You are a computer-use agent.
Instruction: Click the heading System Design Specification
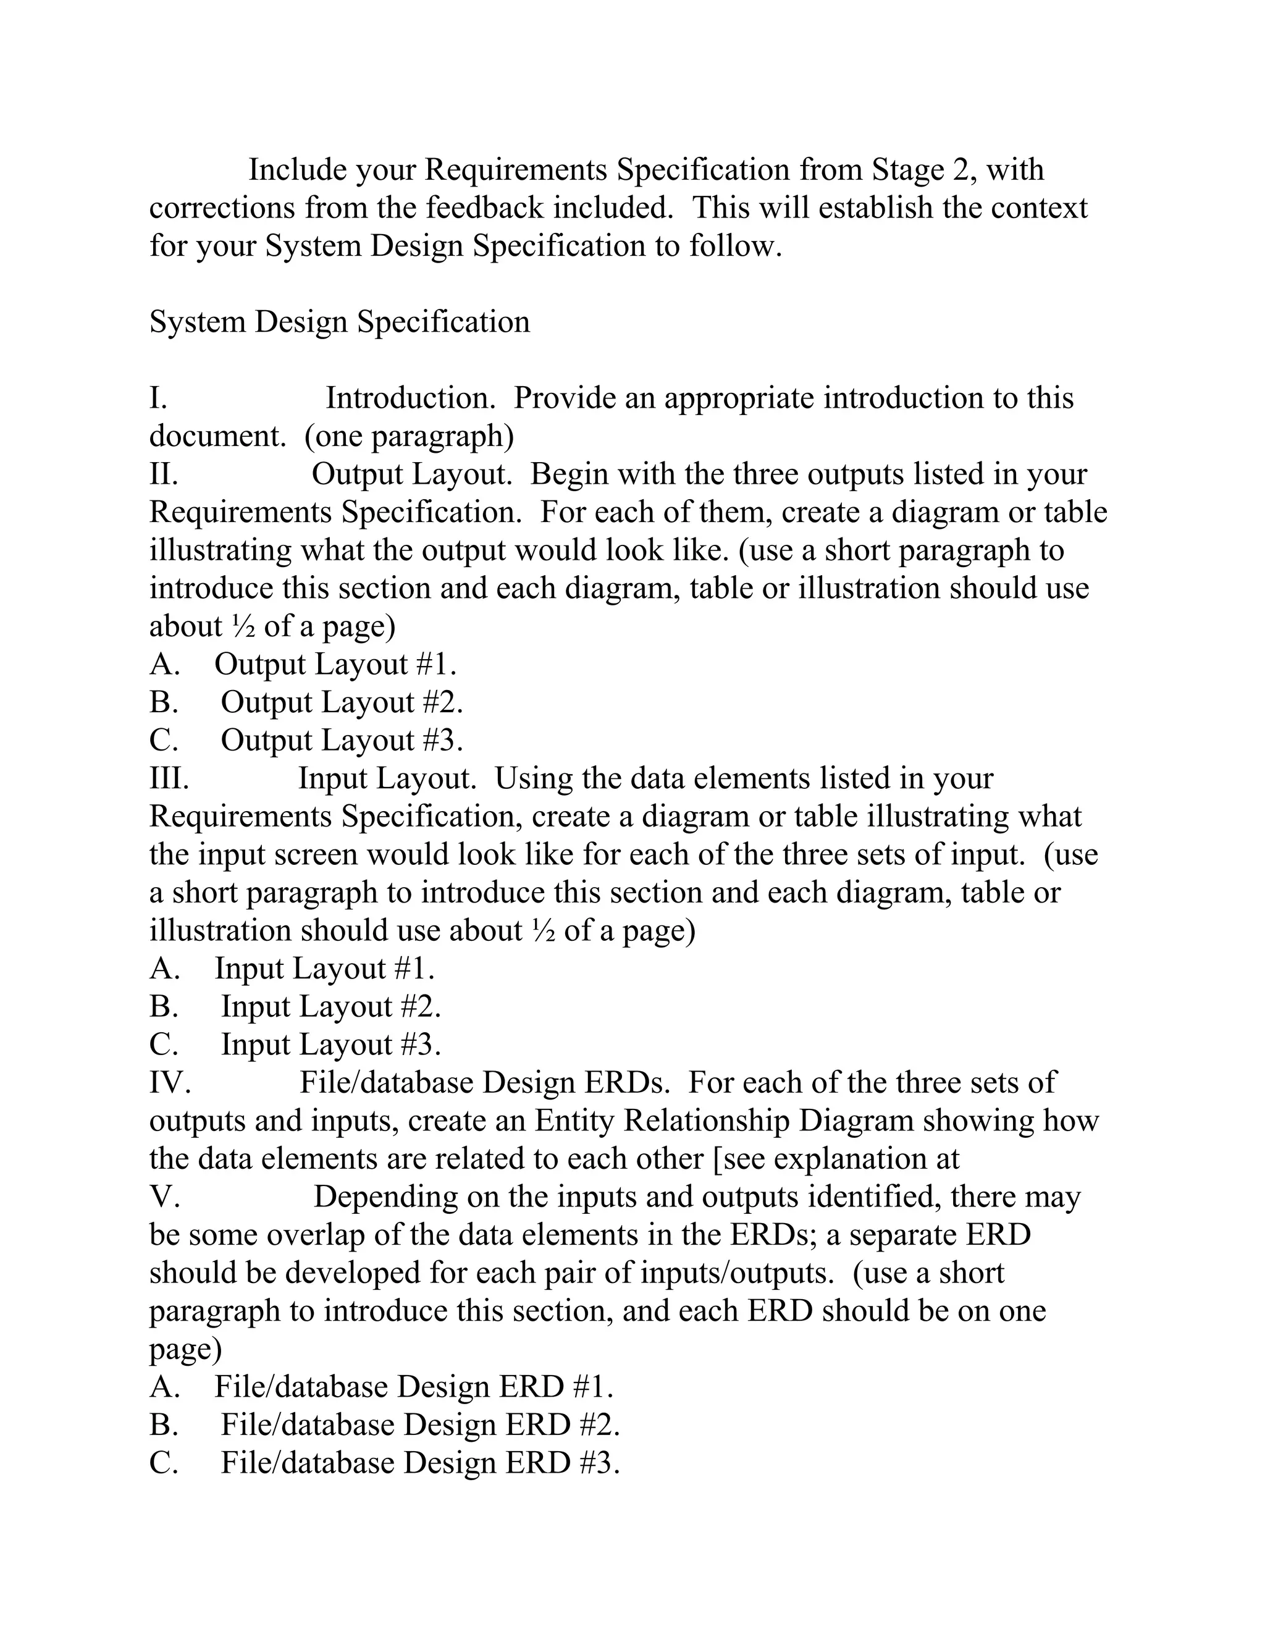coord(340,322)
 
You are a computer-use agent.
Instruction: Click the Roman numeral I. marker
coord(158,398)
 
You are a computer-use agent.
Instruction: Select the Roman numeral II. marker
coord(163,474)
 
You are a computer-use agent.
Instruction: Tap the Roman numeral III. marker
coord(169,778)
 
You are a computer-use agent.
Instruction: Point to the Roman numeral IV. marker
coord(170,1082)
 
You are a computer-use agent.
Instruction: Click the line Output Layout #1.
coord(335,664)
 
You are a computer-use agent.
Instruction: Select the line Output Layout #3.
coord(342,741)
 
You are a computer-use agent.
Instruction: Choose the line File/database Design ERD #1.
coord(414,1387)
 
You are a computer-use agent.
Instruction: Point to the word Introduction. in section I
coord(411,398)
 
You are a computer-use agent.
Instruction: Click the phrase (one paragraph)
coord(409,436)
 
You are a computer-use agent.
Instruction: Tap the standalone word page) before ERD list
coord(185,1349)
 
